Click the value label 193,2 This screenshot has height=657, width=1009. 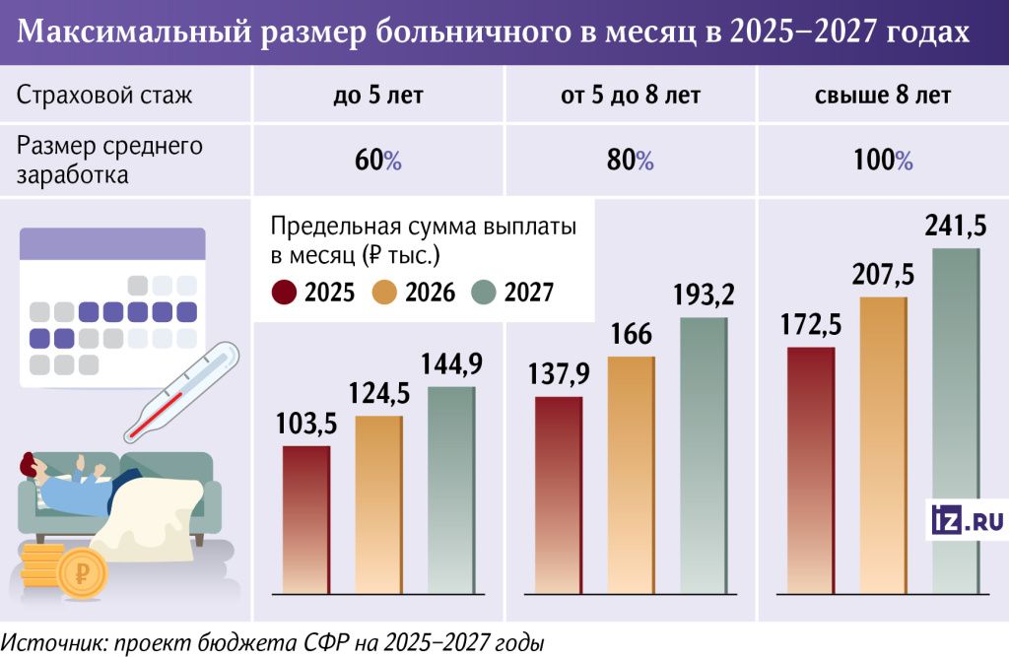point(705,294)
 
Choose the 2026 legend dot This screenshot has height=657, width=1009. point(384,293)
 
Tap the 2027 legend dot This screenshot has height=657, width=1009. point(485,293)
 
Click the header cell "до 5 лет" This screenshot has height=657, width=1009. point(379,97)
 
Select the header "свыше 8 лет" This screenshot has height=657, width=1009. point(883,97)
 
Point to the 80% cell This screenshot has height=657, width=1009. point(631,161)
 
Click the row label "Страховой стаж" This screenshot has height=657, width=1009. point(104,97)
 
